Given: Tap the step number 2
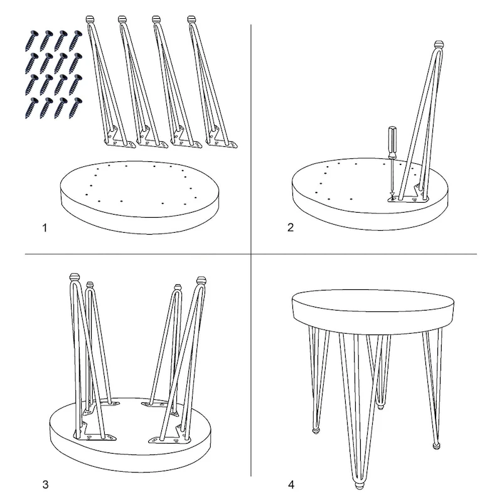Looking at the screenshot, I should point(290,228).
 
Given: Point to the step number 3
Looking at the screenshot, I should point(45,484).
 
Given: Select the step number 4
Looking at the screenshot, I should point(290,484).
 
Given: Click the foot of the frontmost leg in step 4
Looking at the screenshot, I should point(358,486).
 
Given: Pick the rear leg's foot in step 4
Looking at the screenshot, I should point(380,406).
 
